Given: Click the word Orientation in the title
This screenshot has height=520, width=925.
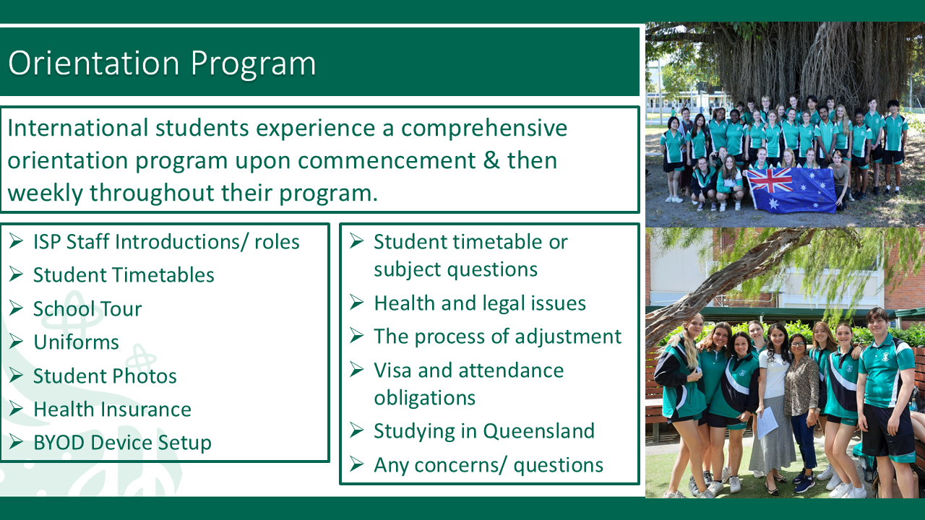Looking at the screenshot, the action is click(x=94, y=63).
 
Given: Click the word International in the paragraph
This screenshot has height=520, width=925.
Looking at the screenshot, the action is click(x=77, y=128).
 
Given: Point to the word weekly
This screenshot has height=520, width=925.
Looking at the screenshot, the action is click(x=45, y=193).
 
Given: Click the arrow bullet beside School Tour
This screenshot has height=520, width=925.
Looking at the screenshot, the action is click(x=16, y=308).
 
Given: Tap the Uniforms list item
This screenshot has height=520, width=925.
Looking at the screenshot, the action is click(x=76, y=342).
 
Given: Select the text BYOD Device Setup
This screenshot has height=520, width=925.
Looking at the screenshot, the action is click(x=122, y=443).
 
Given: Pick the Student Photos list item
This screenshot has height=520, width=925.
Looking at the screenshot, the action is click(x=105, y=376).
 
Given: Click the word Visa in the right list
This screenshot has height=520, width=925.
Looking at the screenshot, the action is click(x=392, y=370).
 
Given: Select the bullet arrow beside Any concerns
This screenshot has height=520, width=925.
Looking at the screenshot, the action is click(x=356, y=464).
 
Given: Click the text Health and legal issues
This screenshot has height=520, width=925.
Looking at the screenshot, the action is click(x=480, y=303).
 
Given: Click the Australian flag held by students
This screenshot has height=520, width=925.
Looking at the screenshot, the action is click(x=791, y=190).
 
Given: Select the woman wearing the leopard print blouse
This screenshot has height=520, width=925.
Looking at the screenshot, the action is click(x=801, y=409).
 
